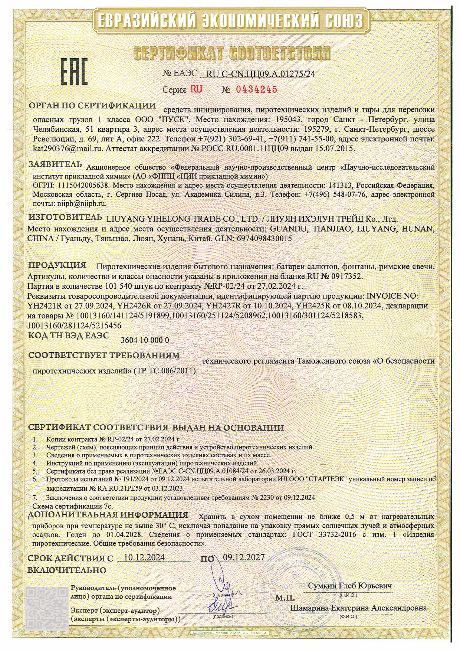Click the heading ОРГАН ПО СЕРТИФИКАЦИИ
(x=92, y=105)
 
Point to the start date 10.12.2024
(x=144, y=557)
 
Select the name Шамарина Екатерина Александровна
(x=358, y=608)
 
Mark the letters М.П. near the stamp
(x=285, y=598)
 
